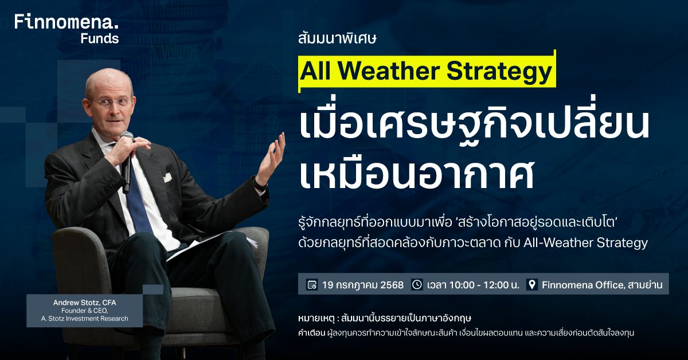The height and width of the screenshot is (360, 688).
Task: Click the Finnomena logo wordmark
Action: [67, 22]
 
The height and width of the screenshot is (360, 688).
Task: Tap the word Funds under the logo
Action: [100, 39]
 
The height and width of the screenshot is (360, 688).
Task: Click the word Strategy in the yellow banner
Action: [499, 72]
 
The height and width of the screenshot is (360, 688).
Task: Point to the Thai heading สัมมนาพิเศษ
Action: [337, 39]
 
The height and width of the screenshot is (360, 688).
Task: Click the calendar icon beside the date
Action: [312, 284]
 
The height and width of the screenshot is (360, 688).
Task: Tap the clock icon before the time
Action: [417, 284]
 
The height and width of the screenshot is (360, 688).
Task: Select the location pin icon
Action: [532, 284]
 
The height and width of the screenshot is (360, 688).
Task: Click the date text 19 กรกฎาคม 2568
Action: [363, 285]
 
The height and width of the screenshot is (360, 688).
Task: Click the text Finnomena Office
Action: [583, 285]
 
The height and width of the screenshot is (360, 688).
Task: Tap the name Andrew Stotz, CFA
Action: [84, 303]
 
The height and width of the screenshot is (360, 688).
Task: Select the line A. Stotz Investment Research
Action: [84, 319]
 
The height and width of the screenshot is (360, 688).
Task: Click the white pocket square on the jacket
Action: [167, 177]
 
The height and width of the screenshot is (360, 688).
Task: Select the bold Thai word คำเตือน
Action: [311, 333]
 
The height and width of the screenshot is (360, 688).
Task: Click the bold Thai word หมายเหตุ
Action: [316, 318]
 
